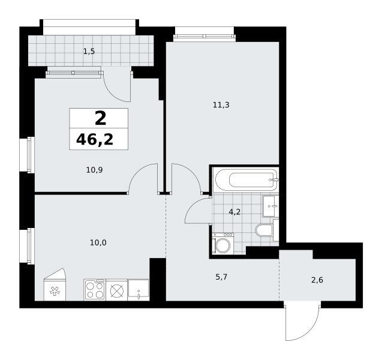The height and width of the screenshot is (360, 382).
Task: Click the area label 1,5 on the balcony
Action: click(89, 52)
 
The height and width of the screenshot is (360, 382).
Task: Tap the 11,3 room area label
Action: click(221, 105)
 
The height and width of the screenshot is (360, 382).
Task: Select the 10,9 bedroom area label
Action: click(94, 170)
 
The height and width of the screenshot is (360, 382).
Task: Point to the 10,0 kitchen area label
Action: click(98, 243)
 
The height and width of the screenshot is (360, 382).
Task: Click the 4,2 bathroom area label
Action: click(234, 212)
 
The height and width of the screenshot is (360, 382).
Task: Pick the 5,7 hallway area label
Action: click(221, 277)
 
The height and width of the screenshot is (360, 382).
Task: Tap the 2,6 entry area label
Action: click(317, 280)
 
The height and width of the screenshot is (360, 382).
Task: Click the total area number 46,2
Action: click(95, 140)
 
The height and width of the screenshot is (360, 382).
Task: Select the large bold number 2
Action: click(100, 118)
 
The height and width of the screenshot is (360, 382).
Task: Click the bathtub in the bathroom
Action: click(246, 180)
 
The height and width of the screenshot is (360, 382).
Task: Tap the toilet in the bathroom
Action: click(264, 230)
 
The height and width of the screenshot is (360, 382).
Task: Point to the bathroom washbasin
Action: click(270, 206)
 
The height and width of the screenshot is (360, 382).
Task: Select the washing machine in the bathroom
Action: click(222, 243)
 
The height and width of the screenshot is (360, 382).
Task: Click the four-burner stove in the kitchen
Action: click(95, 290)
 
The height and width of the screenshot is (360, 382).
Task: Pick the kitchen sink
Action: click(139, 290)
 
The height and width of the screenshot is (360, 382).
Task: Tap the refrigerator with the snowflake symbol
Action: click(55, 284)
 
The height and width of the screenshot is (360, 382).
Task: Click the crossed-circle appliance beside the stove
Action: click(117, 291)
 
